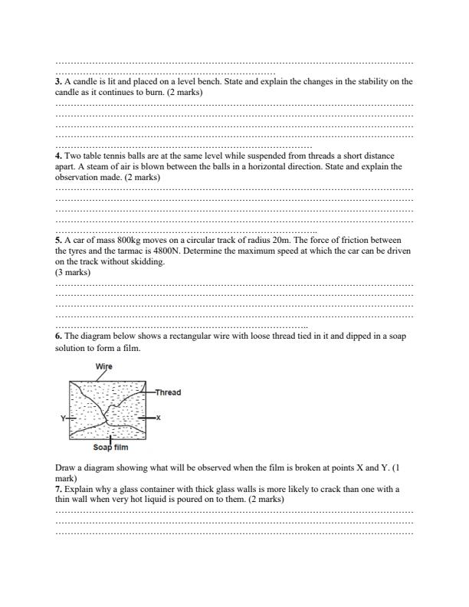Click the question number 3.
point(59,81)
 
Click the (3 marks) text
point(73,271)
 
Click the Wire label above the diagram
point(103,366)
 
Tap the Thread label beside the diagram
point(168,392)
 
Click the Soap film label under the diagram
point(110,447)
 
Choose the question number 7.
point(59,488)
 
